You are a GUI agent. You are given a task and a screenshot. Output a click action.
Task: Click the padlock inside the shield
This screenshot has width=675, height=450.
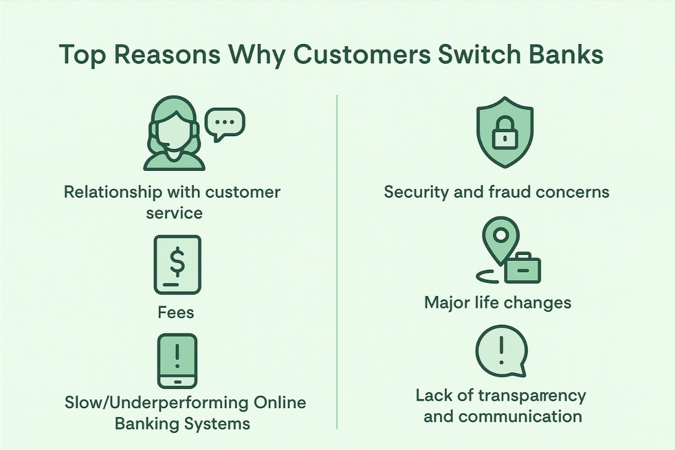coord(504,135)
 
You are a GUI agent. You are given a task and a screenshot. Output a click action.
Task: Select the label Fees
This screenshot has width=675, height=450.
coord(176,313)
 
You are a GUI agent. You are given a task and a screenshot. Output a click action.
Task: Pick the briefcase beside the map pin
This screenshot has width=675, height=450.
coord(522,269)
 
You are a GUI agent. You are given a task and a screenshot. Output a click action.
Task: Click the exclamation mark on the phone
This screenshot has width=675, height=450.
coord(177,355)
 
